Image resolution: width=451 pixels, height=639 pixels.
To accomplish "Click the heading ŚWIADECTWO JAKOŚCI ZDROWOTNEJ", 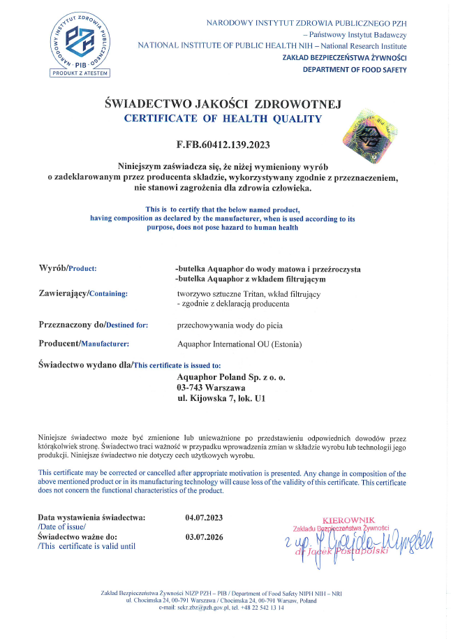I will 221,103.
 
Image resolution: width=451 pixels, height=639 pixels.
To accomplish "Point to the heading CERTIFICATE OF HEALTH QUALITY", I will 223,119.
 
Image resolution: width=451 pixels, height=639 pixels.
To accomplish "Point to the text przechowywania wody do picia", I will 230,325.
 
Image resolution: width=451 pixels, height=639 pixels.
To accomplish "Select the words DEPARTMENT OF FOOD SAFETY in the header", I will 355,69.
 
